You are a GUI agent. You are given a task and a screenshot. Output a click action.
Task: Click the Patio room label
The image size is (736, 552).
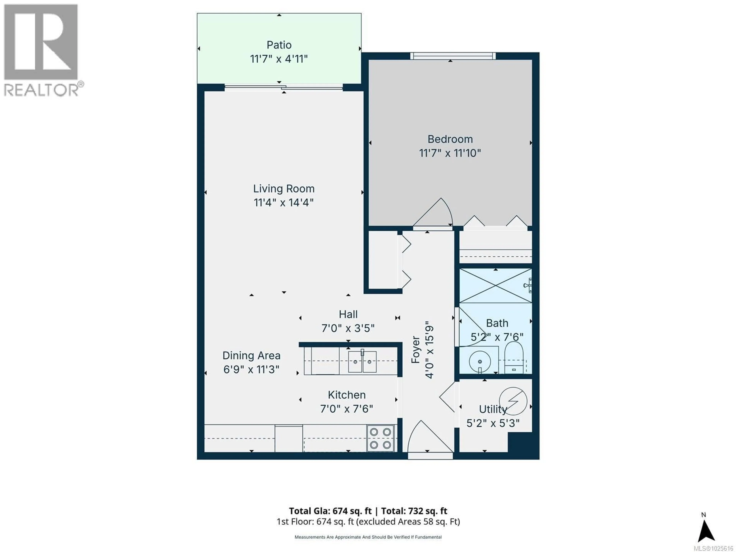[x=279, y=45]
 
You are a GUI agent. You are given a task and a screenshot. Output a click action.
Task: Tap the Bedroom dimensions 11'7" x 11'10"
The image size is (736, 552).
[x=450, y=153]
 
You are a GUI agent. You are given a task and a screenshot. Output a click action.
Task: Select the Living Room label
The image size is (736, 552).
[x=283, y=189]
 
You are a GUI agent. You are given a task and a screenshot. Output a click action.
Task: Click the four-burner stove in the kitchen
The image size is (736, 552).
[x=380, y=438]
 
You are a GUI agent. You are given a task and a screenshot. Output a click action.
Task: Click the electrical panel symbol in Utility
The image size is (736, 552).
[x=513, y=401]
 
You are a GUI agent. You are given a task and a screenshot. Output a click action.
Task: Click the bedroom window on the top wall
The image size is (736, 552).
[x=453, y=56]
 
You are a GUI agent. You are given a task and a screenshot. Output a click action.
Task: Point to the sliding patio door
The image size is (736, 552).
[x=283, y=88]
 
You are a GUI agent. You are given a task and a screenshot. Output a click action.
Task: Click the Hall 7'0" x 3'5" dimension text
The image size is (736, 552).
[x=348, y=328]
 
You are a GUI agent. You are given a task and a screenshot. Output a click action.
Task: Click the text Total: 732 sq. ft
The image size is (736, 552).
[x=414, y=511]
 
